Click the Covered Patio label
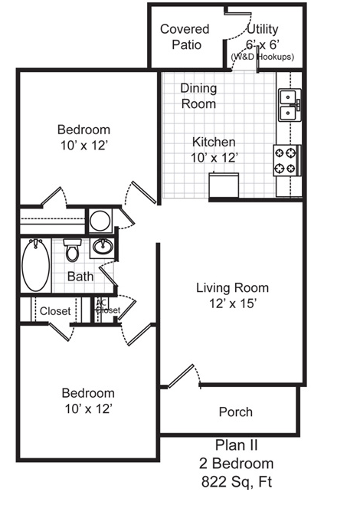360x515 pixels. pyautogui.click(x=185, y=37)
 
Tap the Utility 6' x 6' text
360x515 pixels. pyautogui.click(x=262, y=37)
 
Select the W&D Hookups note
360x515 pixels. pyautogui.click(x=263, y=57)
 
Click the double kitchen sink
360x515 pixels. pyautogui.click(x=290, y=105)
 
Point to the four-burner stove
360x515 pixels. pyautogui.click(x=286, y=161)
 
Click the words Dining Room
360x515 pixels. pyautogui.click(x=198, y=96)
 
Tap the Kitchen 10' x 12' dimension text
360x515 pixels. pyautogui.click(x=214, y=150)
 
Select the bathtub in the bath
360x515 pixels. pyautogui.click(x=36, y=265)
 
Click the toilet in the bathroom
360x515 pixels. pyautogui.click(x=72, y=250)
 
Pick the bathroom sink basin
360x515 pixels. pyautogui.click(x=103, y=246)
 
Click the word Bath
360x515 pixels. pyautogui.click(x=80, y=277)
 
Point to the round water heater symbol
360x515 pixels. pyautogui.click(x=100, y=221)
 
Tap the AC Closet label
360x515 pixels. pyautogui.click(x=108, y=307)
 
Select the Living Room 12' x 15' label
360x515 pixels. pyautogui.click(x=232, y=296)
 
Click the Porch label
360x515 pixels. pyautogui.click(x=236, y=412)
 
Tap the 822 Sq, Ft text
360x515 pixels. pyautogui.click(x=236, y=482)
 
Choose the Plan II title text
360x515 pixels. pyautogui.click(x=236, y=445)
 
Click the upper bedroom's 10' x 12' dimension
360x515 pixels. pyautogui.click(x=84, y=145)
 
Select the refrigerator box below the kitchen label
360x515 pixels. pyautogui.click(x=224, y=185)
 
